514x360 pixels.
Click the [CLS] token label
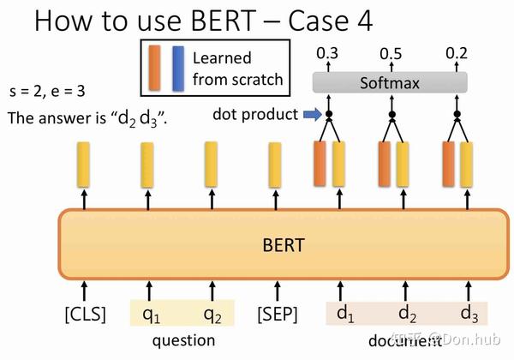point(85,315)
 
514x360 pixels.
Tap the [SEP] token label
point(276,315)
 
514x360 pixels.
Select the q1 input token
point(151,315)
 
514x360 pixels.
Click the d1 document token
point(345,315)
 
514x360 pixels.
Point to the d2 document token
point(409,315)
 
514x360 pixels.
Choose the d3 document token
point(469,315)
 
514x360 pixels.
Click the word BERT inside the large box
point(283,243)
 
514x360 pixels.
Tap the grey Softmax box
point(390,83)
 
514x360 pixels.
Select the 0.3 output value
point(326,54)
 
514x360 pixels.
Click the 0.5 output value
point(391,54)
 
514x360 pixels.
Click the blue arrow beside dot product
point(312,113)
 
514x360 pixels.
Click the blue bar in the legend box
point(178,69)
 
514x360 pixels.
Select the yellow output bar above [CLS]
point(85,164)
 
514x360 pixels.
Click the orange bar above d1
point(320,164)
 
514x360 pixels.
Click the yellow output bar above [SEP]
point(275,164)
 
